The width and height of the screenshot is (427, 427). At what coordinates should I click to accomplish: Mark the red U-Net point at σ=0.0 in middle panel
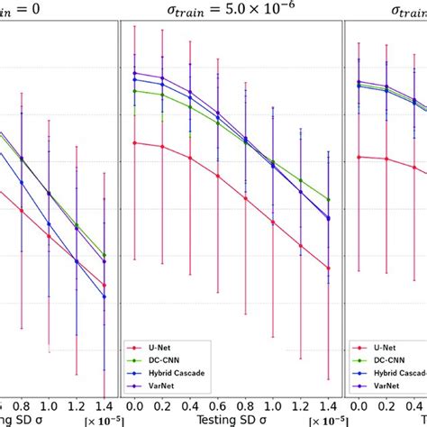tap(133, 142)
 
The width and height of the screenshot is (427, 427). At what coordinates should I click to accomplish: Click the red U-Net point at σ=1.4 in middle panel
tap(328, 268)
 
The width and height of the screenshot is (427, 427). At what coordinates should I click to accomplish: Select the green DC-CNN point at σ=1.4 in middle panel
tap(328, 200)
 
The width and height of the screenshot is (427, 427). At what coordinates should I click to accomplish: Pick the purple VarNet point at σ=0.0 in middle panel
tap(133, 73)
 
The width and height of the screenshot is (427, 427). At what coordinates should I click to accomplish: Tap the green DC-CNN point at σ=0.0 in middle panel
tap(133, 91)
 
